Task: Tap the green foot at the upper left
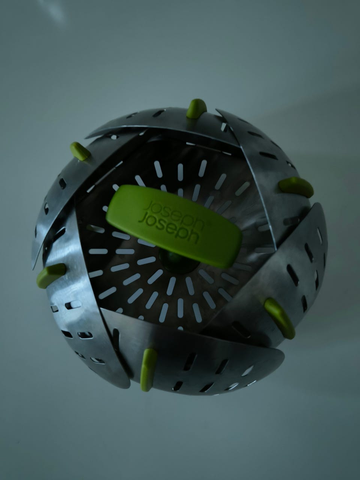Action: [x=80, y=151]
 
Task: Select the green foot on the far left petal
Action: [x=51, y=275]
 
